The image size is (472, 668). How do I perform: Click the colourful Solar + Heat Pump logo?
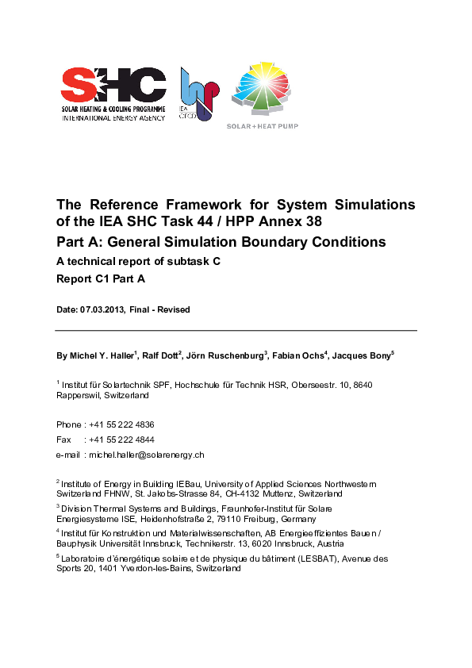point(262,88)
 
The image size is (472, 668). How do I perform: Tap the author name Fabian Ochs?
point(298,355)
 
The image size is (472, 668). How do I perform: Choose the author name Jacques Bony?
point(362,355)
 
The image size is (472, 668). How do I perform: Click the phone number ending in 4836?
point(121,424)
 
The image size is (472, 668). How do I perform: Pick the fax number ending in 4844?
point(121,440)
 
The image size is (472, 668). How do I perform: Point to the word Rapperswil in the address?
point(76,394)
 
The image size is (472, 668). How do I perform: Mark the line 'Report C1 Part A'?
point(101,279)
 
